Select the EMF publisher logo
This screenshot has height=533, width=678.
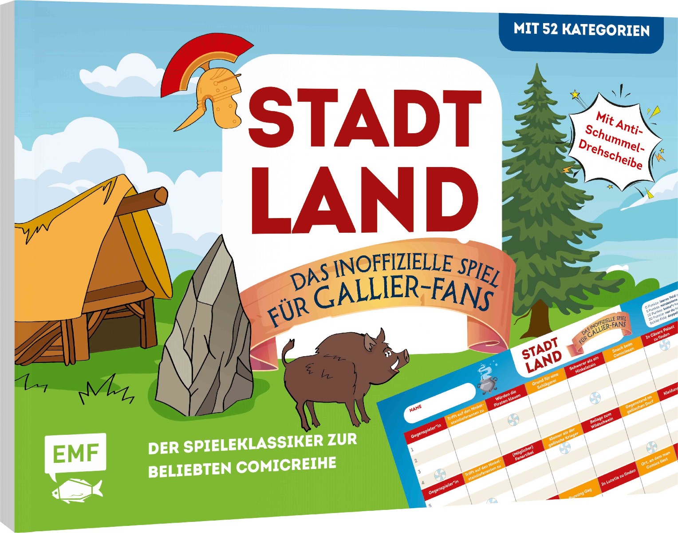75,452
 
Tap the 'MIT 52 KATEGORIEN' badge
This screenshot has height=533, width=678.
581,30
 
